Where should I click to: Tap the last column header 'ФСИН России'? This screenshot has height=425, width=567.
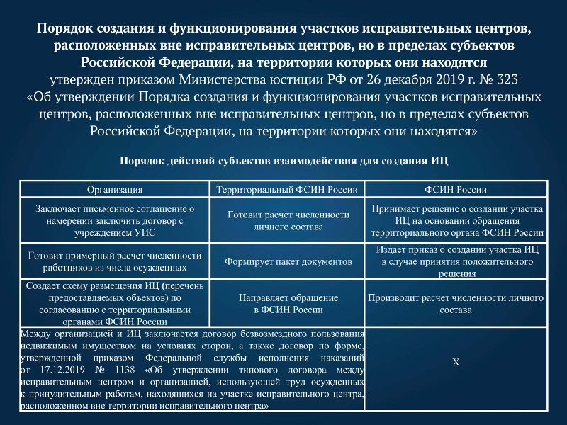(x=456, y=190)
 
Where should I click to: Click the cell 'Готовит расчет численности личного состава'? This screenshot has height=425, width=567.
(x=288, y=220)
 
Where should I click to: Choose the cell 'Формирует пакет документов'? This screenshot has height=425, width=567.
(x=288, y=261)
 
